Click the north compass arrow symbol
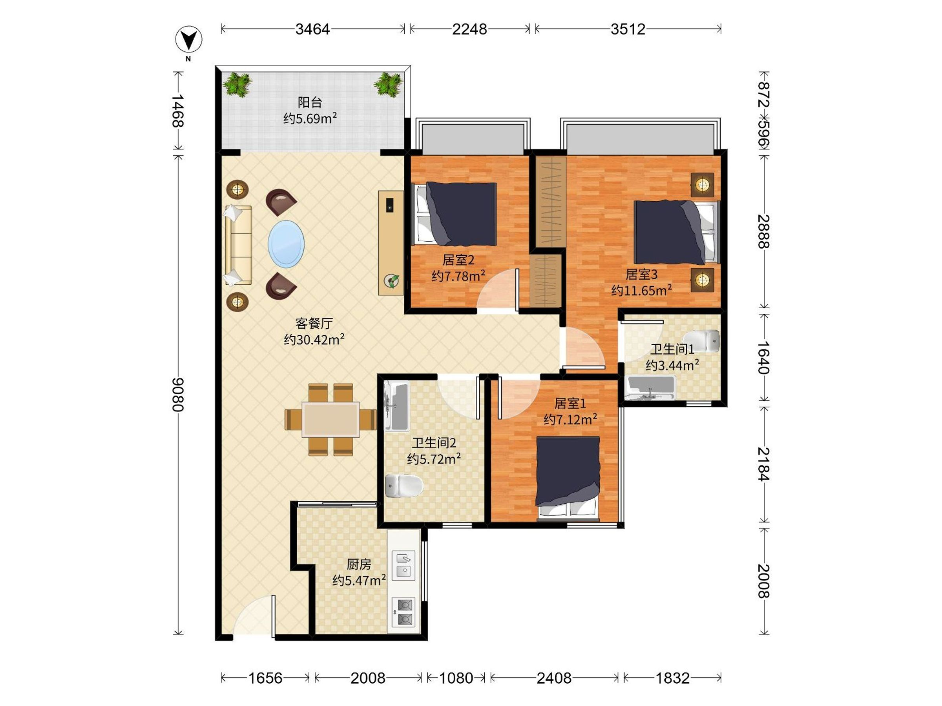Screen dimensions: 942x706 [x=189, y=40]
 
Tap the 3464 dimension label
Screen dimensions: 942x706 [x=312, y=29]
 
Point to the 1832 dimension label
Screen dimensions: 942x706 [x=672, y=678]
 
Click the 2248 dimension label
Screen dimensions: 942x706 [x=469, y=29]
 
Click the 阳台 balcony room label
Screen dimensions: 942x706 [x=310, y=102]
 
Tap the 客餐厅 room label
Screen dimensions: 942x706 [x=314, y=324]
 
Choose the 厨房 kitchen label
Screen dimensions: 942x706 [x=359, y=564]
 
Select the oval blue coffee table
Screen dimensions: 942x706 [x=286, y=244]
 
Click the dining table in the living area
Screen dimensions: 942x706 [x=330, y=420]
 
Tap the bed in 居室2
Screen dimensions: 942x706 [x=456, y=214]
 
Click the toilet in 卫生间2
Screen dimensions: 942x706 [x=403, y=486]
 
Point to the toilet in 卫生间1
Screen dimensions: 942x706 [x=702, y=340]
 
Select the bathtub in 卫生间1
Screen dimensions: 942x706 [x=650, y=388]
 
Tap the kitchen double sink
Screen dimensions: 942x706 [x=403, y=565]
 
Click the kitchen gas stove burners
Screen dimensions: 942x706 [x=403, y=611]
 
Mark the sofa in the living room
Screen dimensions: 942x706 [x=238, y=245]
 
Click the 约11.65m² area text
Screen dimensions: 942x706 [x=641, y=290]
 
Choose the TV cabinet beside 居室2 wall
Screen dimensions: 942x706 [x=391, y=242]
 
